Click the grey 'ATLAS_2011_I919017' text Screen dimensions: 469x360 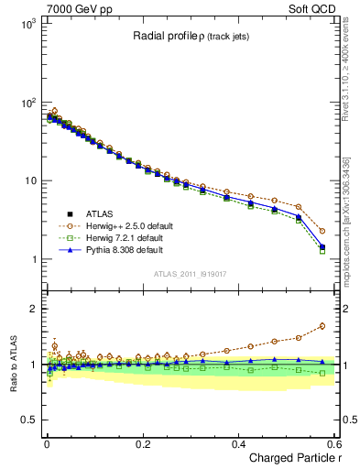(x=190, y=274)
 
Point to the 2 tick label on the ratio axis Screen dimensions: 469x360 (x=31, y=309)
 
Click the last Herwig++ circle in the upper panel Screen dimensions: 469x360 (x=322, y=231)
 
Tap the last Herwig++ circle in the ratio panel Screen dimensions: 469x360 (x=322, y=326)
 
